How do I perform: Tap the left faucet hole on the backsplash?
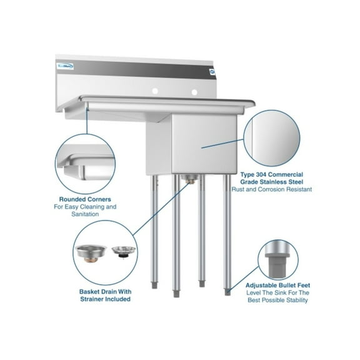[152, 92]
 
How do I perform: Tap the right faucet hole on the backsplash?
[194, 93]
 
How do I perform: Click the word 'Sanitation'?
[83, 214]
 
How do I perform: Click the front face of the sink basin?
[207, 144]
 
